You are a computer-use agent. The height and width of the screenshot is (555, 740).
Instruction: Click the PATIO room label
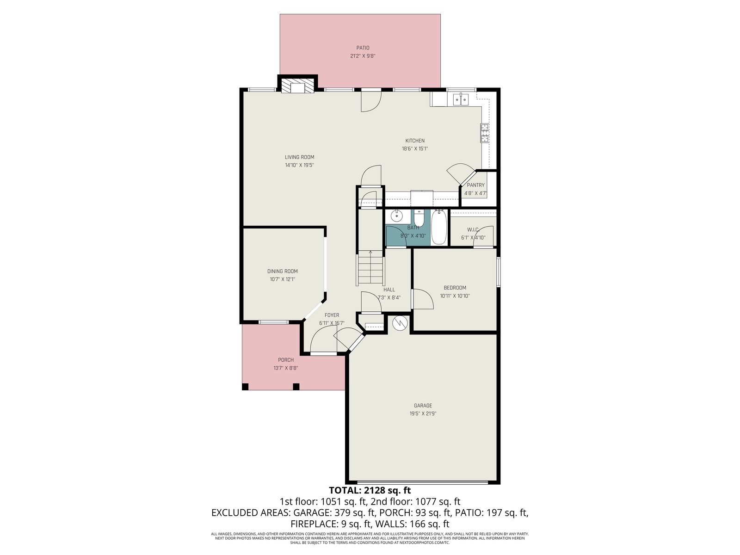click(363, 48)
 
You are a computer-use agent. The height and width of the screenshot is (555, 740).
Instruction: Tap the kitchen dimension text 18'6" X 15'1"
click(415, 148)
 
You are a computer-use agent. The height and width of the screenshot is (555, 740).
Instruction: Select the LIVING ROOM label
click(299, 157)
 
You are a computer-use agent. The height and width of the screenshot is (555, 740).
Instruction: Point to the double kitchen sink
click(461, 100)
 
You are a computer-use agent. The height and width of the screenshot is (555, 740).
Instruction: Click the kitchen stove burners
click(485, 133)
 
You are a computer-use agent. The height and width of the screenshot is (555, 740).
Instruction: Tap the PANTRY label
click(476, 185)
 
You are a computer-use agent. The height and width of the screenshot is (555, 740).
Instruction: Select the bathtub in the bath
click(439, 227)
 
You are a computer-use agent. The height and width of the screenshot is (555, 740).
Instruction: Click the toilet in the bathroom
click(419, 218)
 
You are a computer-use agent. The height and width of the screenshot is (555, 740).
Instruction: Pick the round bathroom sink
click(397, 215)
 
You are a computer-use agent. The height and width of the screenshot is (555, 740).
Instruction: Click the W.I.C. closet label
click(473, 230)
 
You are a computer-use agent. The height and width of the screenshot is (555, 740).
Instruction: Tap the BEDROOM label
click(455, 288)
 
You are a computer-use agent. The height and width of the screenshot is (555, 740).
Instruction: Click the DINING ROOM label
click(282, 271)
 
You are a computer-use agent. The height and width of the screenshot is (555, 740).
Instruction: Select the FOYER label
click(332, 315)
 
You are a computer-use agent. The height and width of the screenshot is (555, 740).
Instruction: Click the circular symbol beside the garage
click(400, 323)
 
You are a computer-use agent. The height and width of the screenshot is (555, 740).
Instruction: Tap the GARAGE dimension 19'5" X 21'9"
click(423, 413)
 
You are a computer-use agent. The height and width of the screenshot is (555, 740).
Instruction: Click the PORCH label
click(285, 360)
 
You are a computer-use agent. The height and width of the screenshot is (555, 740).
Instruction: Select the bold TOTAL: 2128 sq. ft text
click(370, 490)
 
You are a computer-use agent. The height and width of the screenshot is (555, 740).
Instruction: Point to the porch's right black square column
click(296, 387)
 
